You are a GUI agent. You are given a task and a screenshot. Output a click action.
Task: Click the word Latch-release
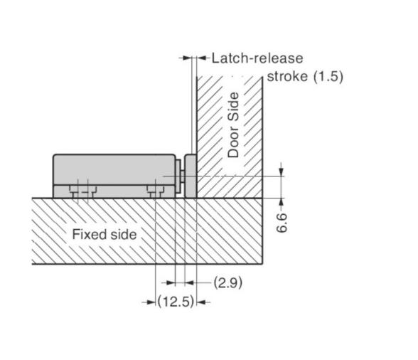click(x=257, y=58)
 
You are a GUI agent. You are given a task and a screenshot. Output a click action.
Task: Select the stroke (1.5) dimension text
click(x=305, y=77)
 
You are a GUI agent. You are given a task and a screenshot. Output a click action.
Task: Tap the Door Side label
click(x=233, y=125)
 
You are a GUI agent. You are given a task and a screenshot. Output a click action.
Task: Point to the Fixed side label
click(x=104, y=235)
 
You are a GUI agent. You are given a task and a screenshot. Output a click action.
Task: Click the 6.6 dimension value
click(x=282, y=223)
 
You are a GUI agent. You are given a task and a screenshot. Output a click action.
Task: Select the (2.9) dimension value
click(x=228, y=282)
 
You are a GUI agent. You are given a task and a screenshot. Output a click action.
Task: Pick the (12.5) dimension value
click(x=176, y=302)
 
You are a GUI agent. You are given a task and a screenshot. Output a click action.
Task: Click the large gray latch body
click(x=114, y=176)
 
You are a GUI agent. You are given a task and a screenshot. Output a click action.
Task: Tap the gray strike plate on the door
click(x=191, y=176)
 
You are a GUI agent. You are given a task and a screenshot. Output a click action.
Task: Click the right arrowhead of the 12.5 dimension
click(x=200, y=302)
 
